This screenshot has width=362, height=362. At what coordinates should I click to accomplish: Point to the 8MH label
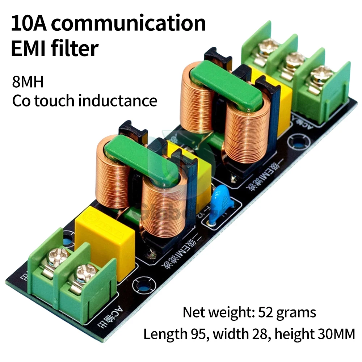(28, 82)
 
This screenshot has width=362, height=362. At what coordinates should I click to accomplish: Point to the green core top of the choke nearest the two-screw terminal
(141, 160)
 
